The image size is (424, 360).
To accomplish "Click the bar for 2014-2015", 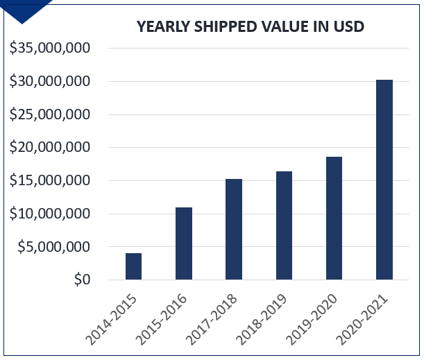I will tap(133, 266).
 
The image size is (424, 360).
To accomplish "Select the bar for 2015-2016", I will tap(184, 243).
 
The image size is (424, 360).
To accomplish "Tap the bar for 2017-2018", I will tap(234, 230).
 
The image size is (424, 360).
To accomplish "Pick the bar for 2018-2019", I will tap(284, 225).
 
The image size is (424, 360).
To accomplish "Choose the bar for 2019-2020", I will tap(334, 218).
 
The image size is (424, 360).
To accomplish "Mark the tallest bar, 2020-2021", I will tap(384, 180).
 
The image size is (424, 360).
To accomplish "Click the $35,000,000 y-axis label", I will tap(50, 49).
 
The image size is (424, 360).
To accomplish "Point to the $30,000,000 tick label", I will tap(50, 81).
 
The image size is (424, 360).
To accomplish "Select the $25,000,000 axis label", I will tap(50, 114).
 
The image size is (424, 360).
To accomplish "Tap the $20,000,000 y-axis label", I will tap(50, 148).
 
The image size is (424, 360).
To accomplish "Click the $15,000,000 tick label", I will tap(50, 180).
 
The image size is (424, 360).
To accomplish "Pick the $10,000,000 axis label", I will tap(50, 214).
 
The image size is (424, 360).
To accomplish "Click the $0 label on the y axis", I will tap(81, 280).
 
